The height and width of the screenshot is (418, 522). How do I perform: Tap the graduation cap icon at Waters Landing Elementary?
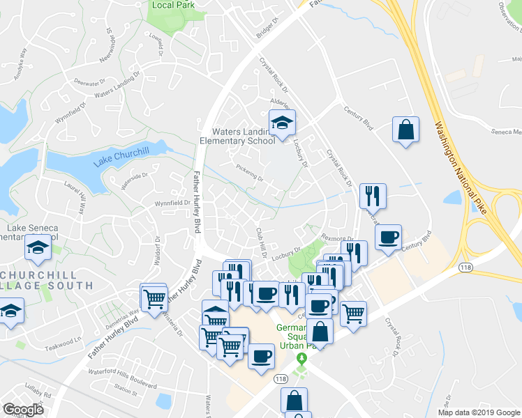tap(282, 123)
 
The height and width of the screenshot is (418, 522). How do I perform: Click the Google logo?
tap(24, 409)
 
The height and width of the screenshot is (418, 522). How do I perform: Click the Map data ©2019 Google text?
tap(479, 412)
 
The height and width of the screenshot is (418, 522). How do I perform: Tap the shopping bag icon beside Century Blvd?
tap(405, 130)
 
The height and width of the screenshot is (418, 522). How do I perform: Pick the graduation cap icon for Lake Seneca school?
tap(38, 247)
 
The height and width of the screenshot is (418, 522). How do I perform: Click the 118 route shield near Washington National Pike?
tap(466, 267)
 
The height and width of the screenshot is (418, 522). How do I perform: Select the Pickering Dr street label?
tap(249, 171)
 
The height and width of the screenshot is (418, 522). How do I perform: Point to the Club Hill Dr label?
tap(261, 241)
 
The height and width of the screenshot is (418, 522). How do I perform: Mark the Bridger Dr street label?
tap(266, 34)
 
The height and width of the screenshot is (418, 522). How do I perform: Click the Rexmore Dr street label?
tap(338, 238)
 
